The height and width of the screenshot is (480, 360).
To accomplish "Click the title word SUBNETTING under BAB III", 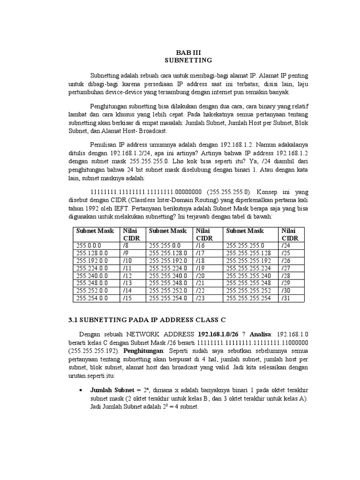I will coord(189,60).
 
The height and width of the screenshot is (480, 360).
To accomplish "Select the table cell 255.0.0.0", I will coord(89,245).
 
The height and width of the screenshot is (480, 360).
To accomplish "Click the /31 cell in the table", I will coord(285,298).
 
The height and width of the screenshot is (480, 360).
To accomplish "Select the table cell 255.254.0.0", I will coord(91,298).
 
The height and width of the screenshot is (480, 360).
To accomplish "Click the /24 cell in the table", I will coord(285,245).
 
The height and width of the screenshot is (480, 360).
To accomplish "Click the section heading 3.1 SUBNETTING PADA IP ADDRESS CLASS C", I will coord(147,320).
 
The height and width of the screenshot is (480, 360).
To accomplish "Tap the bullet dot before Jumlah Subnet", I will coord(82,390).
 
